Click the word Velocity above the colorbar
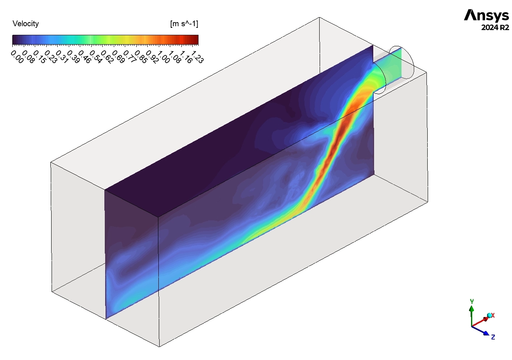tap(26, 24)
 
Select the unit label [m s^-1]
tap(184, 24)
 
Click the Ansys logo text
tap(486, 16)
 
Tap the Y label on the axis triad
tap(472, 301)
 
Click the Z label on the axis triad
tap(493, 337)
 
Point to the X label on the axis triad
tap(493, 315)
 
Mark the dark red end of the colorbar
tap(195, 39)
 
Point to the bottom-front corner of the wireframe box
tap(159, 346)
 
